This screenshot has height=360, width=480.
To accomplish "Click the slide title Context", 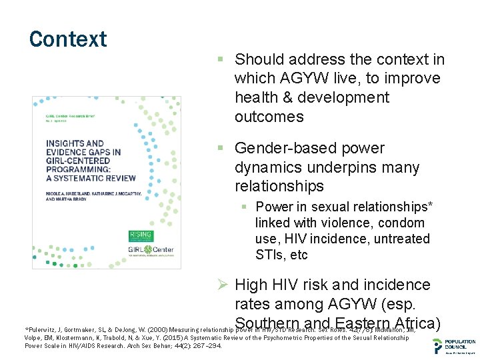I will (x=68, y=39).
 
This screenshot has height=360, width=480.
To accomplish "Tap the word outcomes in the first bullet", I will (x=269, y=117).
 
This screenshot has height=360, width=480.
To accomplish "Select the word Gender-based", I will (x=281, y=148).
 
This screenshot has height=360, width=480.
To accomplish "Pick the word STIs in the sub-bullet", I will (x=270, y=255).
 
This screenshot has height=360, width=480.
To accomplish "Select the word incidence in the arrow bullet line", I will (x=399, y=285).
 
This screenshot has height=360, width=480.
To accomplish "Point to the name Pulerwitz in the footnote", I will (x=45, y=329).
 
